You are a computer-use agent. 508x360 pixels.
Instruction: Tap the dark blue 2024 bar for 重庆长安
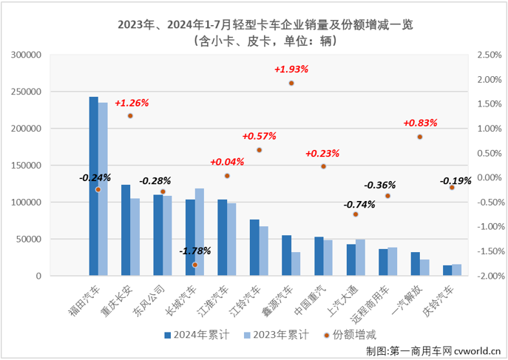(x=126, y=230)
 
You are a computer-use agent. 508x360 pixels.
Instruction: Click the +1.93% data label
(x=291, y=69)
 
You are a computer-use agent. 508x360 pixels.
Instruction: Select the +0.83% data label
(x=420, y=123)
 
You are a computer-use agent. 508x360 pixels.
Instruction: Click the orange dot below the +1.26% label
(x=130, y=115)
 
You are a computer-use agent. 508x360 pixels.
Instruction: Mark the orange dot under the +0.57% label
(x=260, y=150)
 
